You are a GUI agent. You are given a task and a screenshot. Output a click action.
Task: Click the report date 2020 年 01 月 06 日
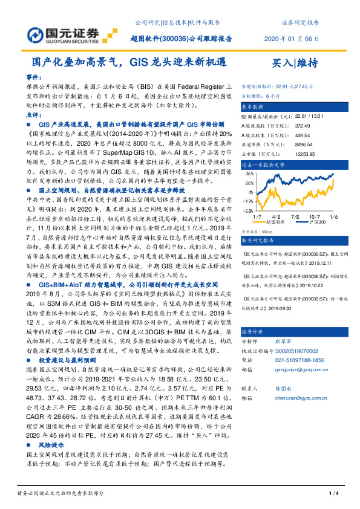291,39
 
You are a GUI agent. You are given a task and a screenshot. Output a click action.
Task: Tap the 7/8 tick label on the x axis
296,215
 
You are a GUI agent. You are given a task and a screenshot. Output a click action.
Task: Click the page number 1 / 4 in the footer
332,494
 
